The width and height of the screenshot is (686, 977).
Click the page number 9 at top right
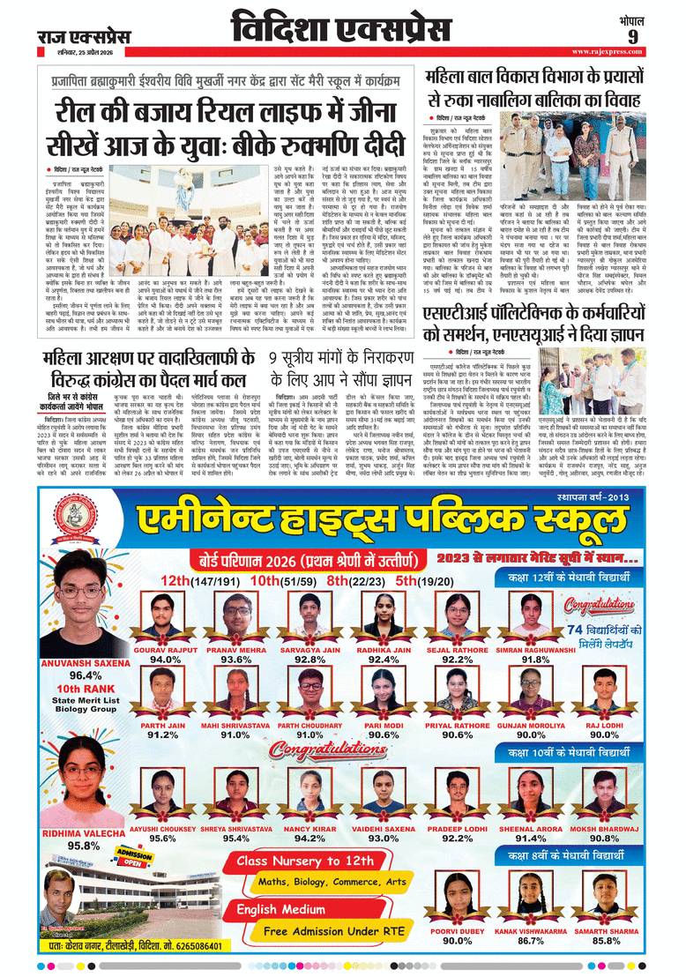pos(658,35)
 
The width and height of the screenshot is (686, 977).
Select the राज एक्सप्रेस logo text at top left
pos(84,36)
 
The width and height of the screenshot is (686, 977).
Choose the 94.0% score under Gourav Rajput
pos(165,659)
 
